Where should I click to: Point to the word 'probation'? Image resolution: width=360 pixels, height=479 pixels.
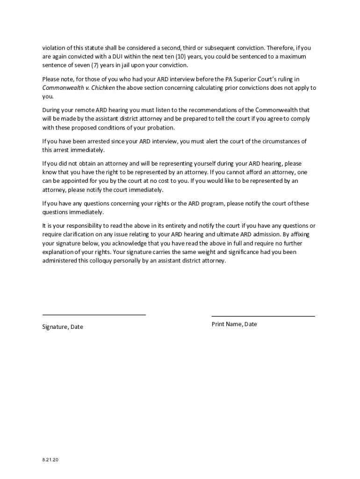(161, 128)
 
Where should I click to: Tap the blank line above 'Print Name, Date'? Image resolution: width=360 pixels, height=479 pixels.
(263, 316)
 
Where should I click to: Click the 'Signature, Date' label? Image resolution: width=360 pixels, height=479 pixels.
(63, 327)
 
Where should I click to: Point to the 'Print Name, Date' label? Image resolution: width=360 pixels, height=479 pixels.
(234, 324)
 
